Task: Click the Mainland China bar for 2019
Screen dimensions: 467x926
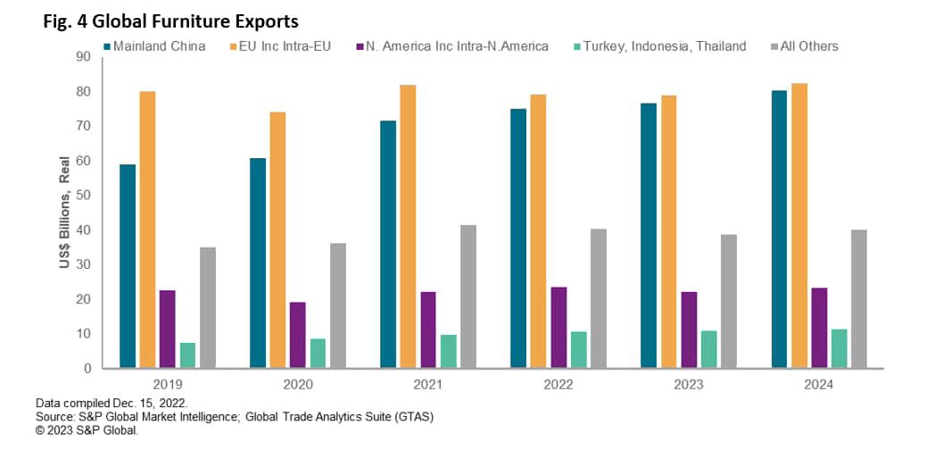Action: pos(127,266)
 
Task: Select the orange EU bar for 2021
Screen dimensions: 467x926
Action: pos(408,226)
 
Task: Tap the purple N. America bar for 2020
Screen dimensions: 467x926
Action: pos(297,335)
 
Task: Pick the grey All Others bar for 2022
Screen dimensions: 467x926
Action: pos(598,298)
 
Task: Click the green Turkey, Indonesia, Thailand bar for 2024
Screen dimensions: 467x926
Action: pos(839,348)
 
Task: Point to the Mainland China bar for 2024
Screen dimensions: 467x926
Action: pos(779,229)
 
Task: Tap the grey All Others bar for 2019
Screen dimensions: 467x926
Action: pos(208,307)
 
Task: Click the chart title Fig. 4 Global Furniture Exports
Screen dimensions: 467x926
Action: pos(170,20)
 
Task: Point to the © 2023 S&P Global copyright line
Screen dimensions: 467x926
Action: pos(87,429)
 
